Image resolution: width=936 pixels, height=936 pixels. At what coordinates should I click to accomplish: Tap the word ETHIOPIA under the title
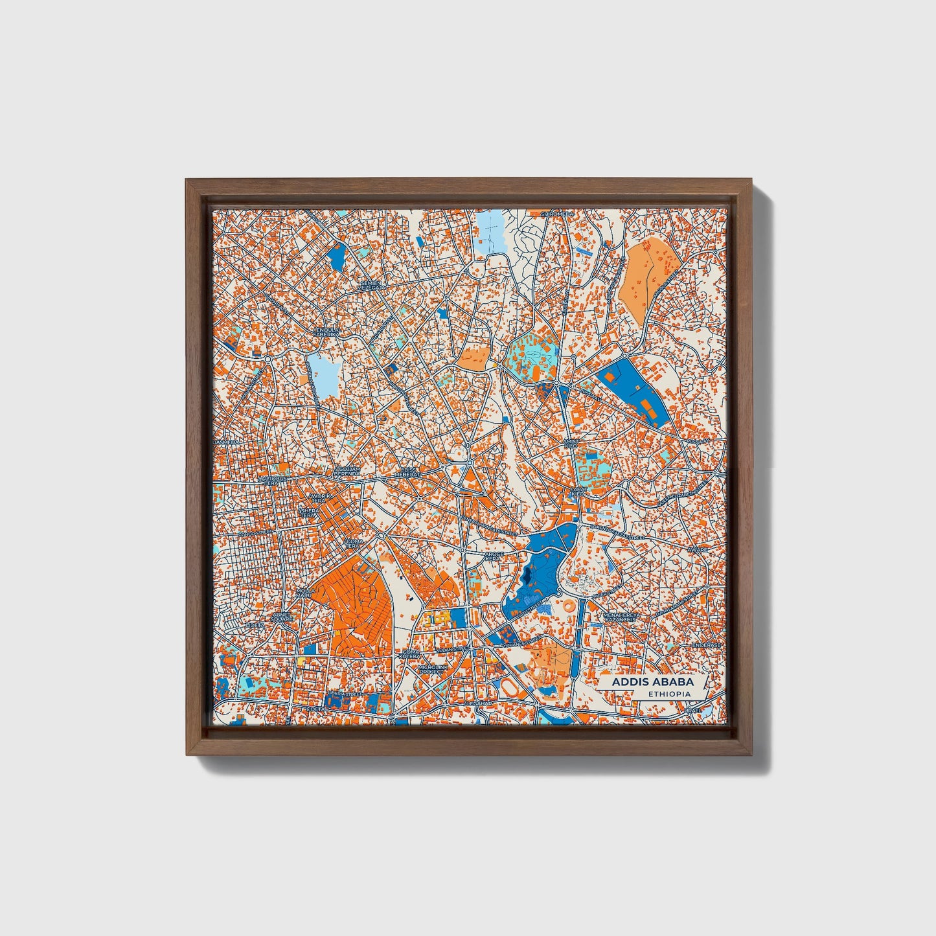[668, 694]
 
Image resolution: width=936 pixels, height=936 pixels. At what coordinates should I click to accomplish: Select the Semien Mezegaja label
[372, 285]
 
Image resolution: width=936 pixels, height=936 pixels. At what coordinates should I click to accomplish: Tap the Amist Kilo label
[571, 444]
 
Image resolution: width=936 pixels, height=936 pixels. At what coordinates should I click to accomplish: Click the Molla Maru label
[305, 593]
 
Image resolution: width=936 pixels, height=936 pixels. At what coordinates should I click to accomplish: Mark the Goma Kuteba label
[411, 654]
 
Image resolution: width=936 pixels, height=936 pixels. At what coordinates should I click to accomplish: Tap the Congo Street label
[254, 533]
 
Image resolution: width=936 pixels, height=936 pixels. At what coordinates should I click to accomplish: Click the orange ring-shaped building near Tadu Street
[567, 607]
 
